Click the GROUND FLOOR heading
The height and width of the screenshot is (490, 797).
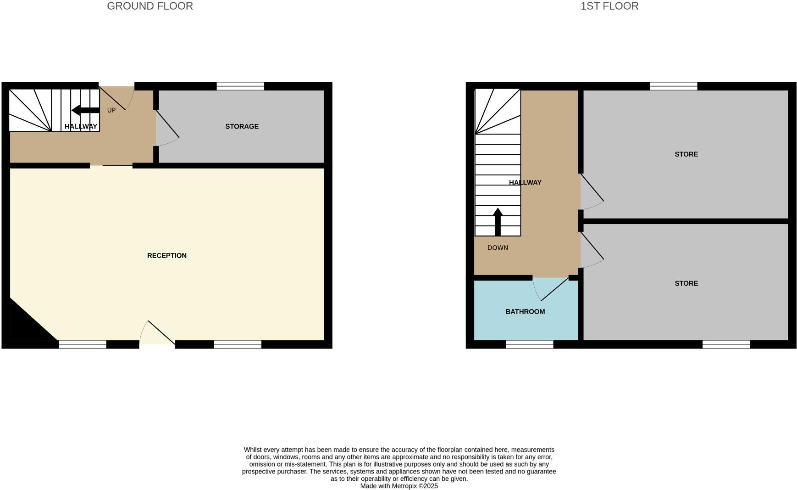(150, 6)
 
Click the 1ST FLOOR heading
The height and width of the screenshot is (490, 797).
(609, 6)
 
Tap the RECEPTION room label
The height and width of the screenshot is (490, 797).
(166, 255)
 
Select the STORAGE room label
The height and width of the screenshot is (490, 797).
(242, 126)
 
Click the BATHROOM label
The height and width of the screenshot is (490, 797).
(525, 311)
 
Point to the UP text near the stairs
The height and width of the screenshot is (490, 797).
(111, 110)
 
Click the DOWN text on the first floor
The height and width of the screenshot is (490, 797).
(498, 248)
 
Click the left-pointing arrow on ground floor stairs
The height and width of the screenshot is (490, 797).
(85, 110)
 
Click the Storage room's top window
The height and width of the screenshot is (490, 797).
(240, 86)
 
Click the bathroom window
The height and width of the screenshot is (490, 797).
(529, 344)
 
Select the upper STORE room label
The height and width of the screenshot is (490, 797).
(686, 154)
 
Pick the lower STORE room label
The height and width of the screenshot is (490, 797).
(686, 283)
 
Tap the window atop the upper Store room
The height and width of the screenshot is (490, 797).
(673, 86)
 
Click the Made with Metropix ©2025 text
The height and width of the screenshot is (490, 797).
(399, 486)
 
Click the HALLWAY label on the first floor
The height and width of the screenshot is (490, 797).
(525, 182)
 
